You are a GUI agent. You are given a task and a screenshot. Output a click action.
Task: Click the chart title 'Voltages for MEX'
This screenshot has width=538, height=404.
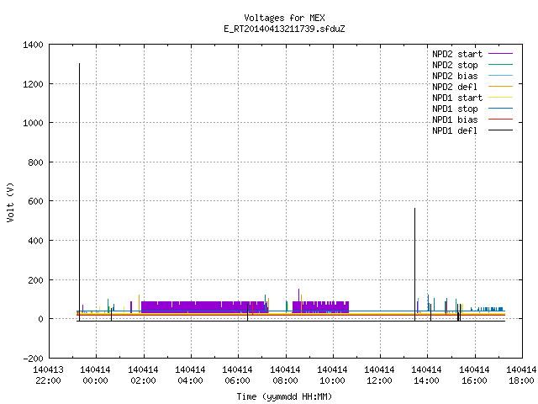pyautogui.click(x=284, y=18)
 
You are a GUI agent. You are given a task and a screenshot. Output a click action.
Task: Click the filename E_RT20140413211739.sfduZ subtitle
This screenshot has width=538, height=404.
pyautogui.click(x=284, y=29)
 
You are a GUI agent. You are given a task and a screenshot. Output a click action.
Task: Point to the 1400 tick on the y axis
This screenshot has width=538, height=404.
pyautogui.click(x=33, y=45)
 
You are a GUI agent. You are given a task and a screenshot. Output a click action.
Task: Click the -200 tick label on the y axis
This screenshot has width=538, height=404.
pyautogui.click(x=33, y=359)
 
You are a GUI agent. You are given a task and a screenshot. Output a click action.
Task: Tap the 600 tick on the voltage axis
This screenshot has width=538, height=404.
pyautogui.click(x=35, y=201)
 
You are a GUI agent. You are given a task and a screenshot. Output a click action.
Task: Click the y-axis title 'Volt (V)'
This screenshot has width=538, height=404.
pyautogui.click(x=10, y=202)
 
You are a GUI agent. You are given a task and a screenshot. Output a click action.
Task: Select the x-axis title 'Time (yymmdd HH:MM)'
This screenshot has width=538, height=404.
pyautogui.click(x=284, y=396)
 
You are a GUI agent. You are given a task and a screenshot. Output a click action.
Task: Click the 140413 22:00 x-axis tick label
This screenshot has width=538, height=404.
pyautogui.click(x=49, y=375)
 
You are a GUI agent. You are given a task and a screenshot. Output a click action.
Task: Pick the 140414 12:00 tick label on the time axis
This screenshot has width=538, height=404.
pyautogui.click(x=379, y=375)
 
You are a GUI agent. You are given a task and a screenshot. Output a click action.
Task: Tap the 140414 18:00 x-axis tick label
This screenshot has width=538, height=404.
pyautogui.click(x=521, y=375)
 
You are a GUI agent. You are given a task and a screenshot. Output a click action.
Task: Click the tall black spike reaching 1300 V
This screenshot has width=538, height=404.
pyautogui.click(x=79, y=192)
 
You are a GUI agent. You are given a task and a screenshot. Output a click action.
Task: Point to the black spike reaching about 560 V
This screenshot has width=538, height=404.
pyautogui.click(x=414, y=264)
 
